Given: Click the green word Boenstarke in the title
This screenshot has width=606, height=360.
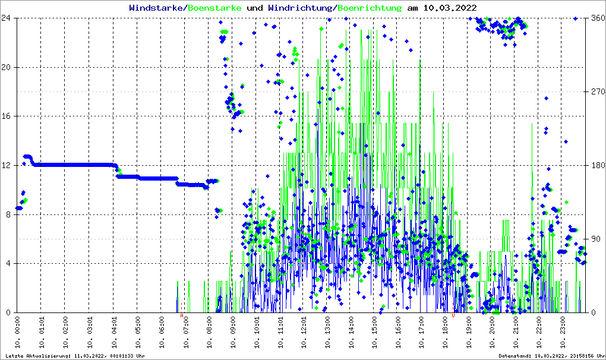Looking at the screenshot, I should pos(214,8).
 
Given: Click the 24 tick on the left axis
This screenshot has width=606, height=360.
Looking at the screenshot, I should pos(7,18).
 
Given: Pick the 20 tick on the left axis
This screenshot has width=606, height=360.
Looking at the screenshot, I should pos(7,67).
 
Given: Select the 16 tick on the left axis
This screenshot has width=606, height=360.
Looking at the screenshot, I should pos(7,116).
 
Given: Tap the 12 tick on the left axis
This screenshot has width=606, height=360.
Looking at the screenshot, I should pos(7,165).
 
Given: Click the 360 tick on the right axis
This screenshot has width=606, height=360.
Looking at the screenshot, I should pos(596,18).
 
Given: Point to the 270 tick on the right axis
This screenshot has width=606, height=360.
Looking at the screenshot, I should pos(596,91).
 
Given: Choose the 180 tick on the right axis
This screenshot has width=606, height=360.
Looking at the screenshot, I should pos(596,165).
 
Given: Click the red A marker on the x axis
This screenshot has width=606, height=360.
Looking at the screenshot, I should pos(182,315).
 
